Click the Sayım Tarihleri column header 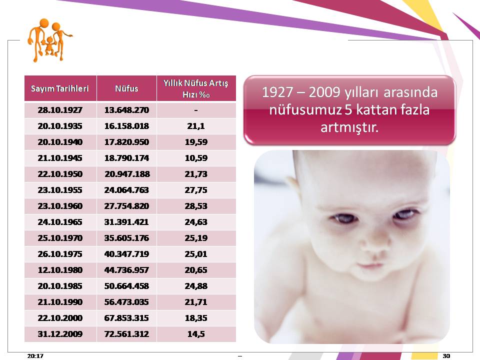[59, 88]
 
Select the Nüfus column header [126, 88]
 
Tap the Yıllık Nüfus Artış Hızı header [196, 88]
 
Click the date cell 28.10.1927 [60, 110]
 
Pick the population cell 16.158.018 [126, 126]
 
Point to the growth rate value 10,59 [196, 158]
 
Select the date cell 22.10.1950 [60, 174]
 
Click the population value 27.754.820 [126, 206]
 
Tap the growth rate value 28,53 [196, 206]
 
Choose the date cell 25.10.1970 [60, 238]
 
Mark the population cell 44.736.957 [126, 270]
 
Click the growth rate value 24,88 [196, 286]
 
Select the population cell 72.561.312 [126, 334]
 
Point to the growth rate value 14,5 [196, 334]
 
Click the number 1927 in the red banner [277, 92]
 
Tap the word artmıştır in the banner [349, 127]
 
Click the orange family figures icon [49, 40]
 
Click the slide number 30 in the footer [446, 355]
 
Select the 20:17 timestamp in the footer [35, 355]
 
